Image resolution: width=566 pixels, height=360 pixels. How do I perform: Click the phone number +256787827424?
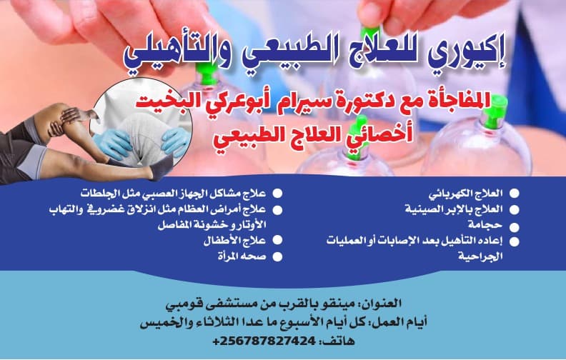coord(264,341)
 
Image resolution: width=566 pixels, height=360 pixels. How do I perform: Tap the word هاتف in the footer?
coord(340,341)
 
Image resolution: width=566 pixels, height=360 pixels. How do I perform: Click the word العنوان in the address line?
coord(382,303)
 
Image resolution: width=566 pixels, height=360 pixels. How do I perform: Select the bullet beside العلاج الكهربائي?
coord(514,194)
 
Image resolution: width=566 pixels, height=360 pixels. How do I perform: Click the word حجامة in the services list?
coord(485,225)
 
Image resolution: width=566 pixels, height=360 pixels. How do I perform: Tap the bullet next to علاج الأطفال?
coord(277,240)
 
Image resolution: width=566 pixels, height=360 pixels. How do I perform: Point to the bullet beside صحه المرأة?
coord(277,257)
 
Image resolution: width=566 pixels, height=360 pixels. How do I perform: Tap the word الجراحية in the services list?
coord(480,256)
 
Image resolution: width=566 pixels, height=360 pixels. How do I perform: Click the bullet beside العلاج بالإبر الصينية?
coord(514,209)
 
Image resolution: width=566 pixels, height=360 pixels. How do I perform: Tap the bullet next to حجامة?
coord(514,227)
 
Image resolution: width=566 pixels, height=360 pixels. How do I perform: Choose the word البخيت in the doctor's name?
coord(158,102)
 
